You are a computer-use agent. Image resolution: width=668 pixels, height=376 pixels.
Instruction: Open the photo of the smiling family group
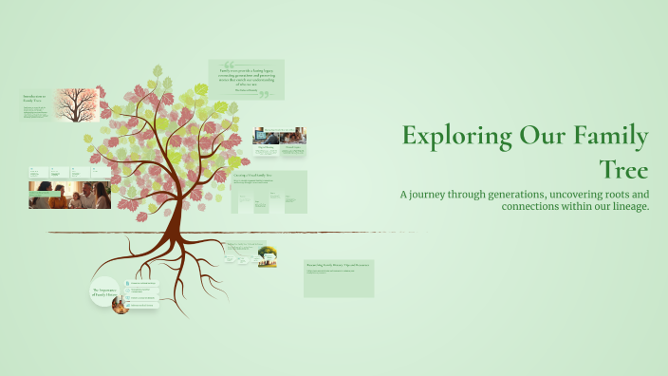[x=69, y=195]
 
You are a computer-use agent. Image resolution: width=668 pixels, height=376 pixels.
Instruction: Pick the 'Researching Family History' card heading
[x=338, y=264]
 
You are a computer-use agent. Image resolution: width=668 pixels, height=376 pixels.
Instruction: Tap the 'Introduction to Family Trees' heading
[x=36, y=98]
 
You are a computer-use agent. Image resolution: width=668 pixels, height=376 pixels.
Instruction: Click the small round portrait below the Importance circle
[x=121, y=306]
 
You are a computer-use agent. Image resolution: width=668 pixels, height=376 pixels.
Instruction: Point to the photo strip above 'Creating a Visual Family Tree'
[x=279, y=136]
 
